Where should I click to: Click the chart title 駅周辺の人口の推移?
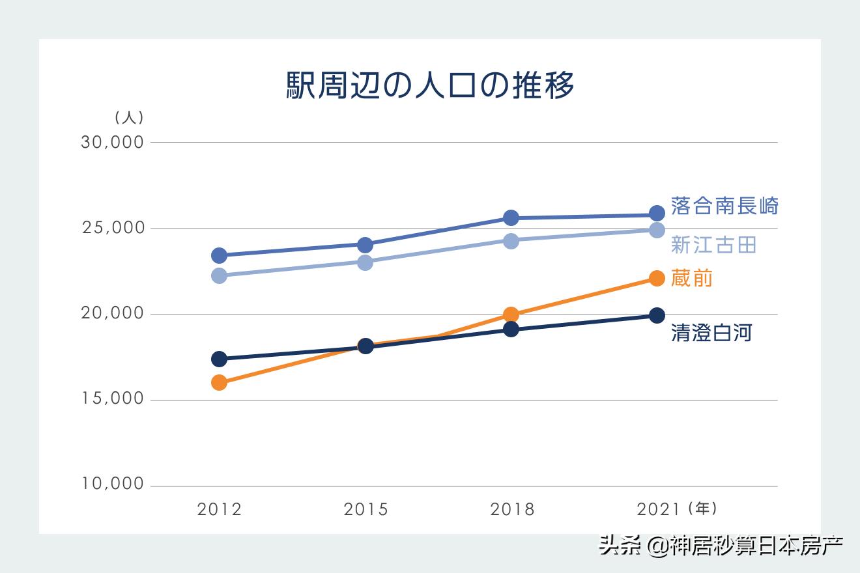pos(430,85)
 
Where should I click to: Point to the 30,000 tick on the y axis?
pos(112,142)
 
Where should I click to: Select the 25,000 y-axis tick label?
pos(112,229)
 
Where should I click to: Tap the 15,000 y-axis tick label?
pos(112,398)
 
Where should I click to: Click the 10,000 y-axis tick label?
pos(112,484)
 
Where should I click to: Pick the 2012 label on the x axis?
pos(220,509)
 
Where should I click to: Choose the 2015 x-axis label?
pos(365,509)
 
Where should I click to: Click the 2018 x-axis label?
pos(512,509)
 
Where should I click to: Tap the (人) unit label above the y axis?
pos(129,118)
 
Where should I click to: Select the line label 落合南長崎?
pos(724,206)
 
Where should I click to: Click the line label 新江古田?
pos(713,245)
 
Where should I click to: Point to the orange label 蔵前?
pos(692,279)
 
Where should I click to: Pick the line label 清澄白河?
pos(711,333)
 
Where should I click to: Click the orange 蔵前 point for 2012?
pos(220,382)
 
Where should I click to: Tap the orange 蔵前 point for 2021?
pos(657,279)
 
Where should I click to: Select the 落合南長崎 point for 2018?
pos(511,217)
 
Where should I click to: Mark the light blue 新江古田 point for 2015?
pos(365,262)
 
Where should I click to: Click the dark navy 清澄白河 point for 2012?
pos(220,359)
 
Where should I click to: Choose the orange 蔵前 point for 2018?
pos(511,315)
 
